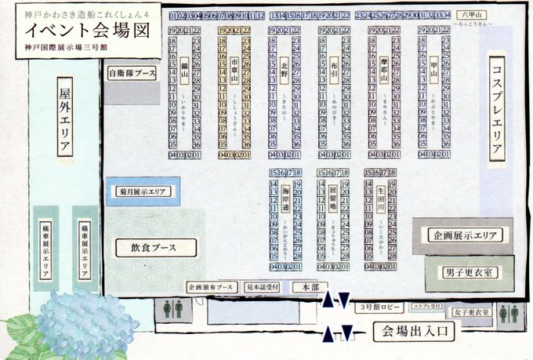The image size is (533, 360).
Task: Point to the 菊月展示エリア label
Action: click(x=143, y=191)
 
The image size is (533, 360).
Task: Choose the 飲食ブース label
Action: click(x=153, y=247)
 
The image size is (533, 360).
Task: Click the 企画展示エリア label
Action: click(x=466, y=235)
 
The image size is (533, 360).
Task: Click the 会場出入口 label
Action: click(x=413, y=331)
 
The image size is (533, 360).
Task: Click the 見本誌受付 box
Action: click(x=262, y=288)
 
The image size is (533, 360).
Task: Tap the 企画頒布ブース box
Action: click(x=212, y=288)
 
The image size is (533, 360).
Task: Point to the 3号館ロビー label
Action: click(x=379, y=306)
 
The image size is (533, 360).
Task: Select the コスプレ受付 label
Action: click(x=428, y=306)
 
